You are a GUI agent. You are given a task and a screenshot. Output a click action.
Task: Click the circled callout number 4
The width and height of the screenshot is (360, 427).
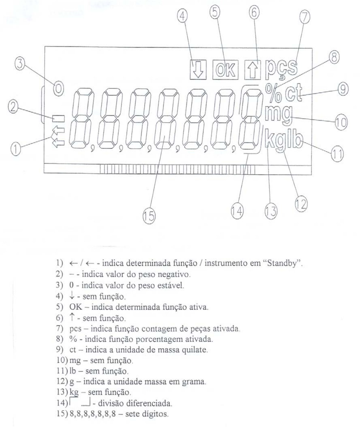click(182, 17)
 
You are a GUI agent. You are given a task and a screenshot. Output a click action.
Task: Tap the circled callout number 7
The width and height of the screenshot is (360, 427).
click(305, 17)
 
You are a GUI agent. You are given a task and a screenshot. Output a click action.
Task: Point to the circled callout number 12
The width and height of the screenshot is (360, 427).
click(301, 205)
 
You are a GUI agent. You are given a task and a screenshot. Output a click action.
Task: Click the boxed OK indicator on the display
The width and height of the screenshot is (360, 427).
click(226, 70)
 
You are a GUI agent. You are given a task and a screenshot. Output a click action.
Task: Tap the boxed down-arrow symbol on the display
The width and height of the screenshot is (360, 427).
click(198, 70)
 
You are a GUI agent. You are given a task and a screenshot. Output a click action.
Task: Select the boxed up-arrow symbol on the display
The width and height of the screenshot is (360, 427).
click(253, 70)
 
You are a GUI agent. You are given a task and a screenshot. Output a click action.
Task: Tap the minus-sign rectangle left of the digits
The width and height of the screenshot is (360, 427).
click(59, 119)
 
